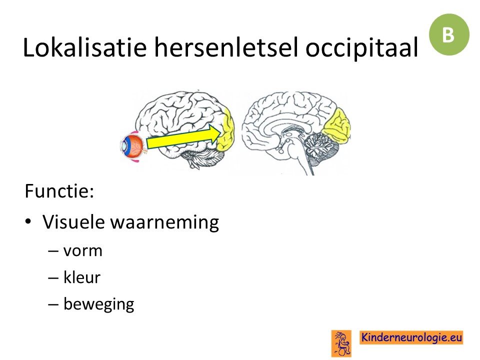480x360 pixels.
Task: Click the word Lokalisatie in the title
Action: (x=84, y=47)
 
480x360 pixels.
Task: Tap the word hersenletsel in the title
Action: (x=226, y=47)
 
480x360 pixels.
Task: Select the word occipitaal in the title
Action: (x=361, y=48)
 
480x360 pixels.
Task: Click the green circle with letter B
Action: (x=448, y=34)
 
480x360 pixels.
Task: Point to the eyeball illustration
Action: (x=132, y=146)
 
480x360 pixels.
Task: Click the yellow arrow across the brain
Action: (x=183, y=136)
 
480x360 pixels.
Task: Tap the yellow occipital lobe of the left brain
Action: (x=226, y=130)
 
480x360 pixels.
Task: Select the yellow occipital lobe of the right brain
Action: (x=336, y=125)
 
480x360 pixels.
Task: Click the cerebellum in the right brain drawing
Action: (x=320, y=147)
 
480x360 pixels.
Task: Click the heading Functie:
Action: (x=59, y=191)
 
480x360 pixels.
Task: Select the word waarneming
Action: (x=165, y=223)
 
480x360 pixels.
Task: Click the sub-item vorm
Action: (x=82, y=251)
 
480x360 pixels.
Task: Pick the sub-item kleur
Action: (x=81, y=277)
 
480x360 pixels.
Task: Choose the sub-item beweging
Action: (x=98, y=304)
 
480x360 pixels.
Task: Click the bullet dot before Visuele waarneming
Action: (x=28, y=221)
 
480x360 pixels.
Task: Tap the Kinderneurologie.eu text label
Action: (x=411, y=337)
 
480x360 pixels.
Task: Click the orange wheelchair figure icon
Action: (x=341, y=343)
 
